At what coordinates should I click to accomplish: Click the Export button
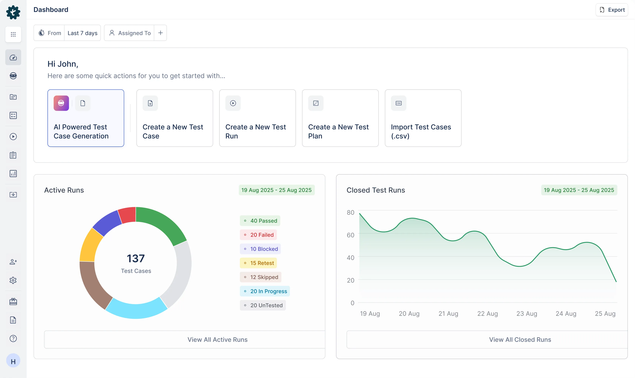(612, 10)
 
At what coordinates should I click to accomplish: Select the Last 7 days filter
(82, 33)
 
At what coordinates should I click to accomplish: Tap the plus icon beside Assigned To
(160, 33)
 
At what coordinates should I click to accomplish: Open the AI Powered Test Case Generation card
(86, 118)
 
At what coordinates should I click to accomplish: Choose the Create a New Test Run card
(257, 118)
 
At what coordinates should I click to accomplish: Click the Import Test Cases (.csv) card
(423, 118)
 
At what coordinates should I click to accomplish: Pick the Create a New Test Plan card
(340, 118)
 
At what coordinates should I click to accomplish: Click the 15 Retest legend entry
(258, 263)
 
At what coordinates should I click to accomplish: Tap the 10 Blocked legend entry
(260, 249)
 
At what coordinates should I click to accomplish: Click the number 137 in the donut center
(136, 259)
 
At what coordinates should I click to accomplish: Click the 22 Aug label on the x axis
(487, 314)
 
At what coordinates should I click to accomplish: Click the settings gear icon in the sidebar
(13, 280)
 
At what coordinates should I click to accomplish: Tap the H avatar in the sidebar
(13, 361)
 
